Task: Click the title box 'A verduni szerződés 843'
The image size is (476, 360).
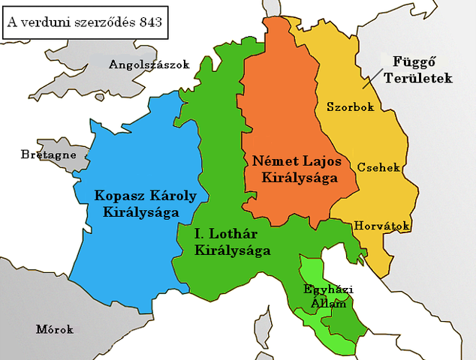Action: tap(84, 22)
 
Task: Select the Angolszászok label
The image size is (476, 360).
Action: tap(149, 64)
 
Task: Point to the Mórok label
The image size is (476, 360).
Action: tap(55, 328)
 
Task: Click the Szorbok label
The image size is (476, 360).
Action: tap(350, 107)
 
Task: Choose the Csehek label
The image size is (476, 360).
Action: tap(378, 167)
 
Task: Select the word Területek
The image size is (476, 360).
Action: tap(415, 77)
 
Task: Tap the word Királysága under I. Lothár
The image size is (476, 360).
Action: tap(232, 251)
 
